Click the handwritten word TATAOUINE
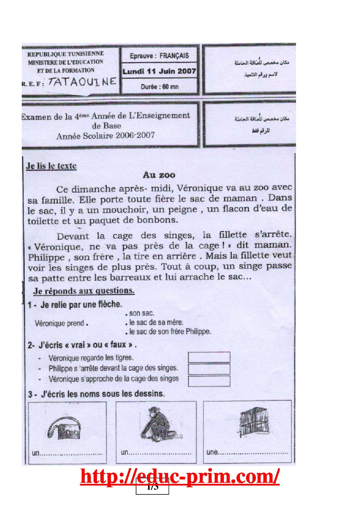[82, 82]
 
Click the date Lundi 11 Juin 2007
[159, 71]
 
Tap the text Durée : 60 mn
[160, 87]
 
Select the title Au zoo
[159, 175]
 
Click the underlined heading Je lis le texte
[51, 166]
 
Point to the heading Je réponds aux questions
[84, 291]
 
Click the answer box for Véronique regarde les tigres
[209, 357]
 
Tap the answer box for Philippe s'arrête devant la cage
[209, 369]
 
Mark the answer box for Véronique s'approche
[209, 381]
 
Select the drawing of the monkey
[157, 424]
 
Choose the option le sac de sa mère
[156, 322]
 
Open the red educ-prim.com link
[180, 476]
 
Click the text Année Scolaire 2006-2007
[105, 136]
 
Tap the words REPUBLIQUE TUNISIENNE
[66, 54]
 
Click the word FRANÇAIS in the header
[174, 56]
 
